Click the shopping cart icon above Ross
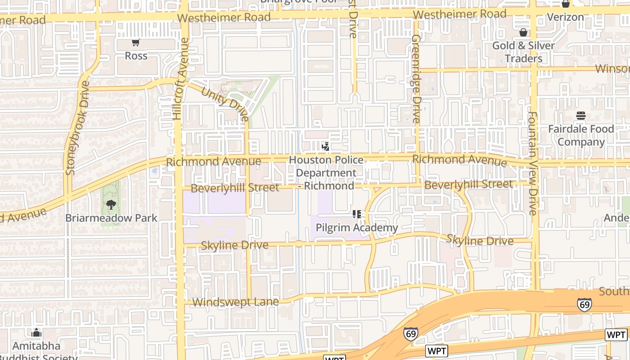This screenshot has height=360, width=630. (135, 42)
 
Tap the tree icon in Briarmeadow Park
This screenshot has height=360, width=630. (111, 205)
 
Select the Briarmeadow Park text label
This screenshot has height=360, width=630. (111, 218)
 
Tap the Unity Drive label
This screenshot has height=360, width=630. (225, 103)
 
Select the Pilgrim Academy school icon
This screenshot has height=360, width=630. (357, 214)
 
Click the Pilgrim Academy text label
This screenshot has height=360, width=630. (357, 228)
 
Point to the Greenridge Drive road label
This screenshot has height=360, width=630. (415, 79)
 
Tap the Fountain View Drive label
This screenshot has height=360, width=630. (533, 163)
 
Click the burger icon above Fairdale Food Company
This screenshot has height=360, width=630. (581, 116)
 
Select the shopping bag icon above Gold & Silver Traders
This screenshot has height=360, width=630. (523, 32)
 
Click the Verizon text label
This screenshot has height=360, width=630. (565, 17)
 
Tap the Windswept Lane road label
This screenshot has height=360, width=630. (235, 302)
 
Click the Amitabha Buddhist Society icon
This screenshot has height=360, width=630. (36, 333)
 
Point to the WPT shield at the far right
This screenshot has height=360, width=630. (616, 335)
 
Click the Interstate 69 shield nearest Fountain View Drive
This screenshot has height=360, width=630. (585, 305)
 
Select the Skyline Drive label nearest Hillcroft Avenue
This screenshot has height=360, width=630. (234, 245)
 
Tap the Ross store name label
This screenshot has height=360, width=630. (136, 56)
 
